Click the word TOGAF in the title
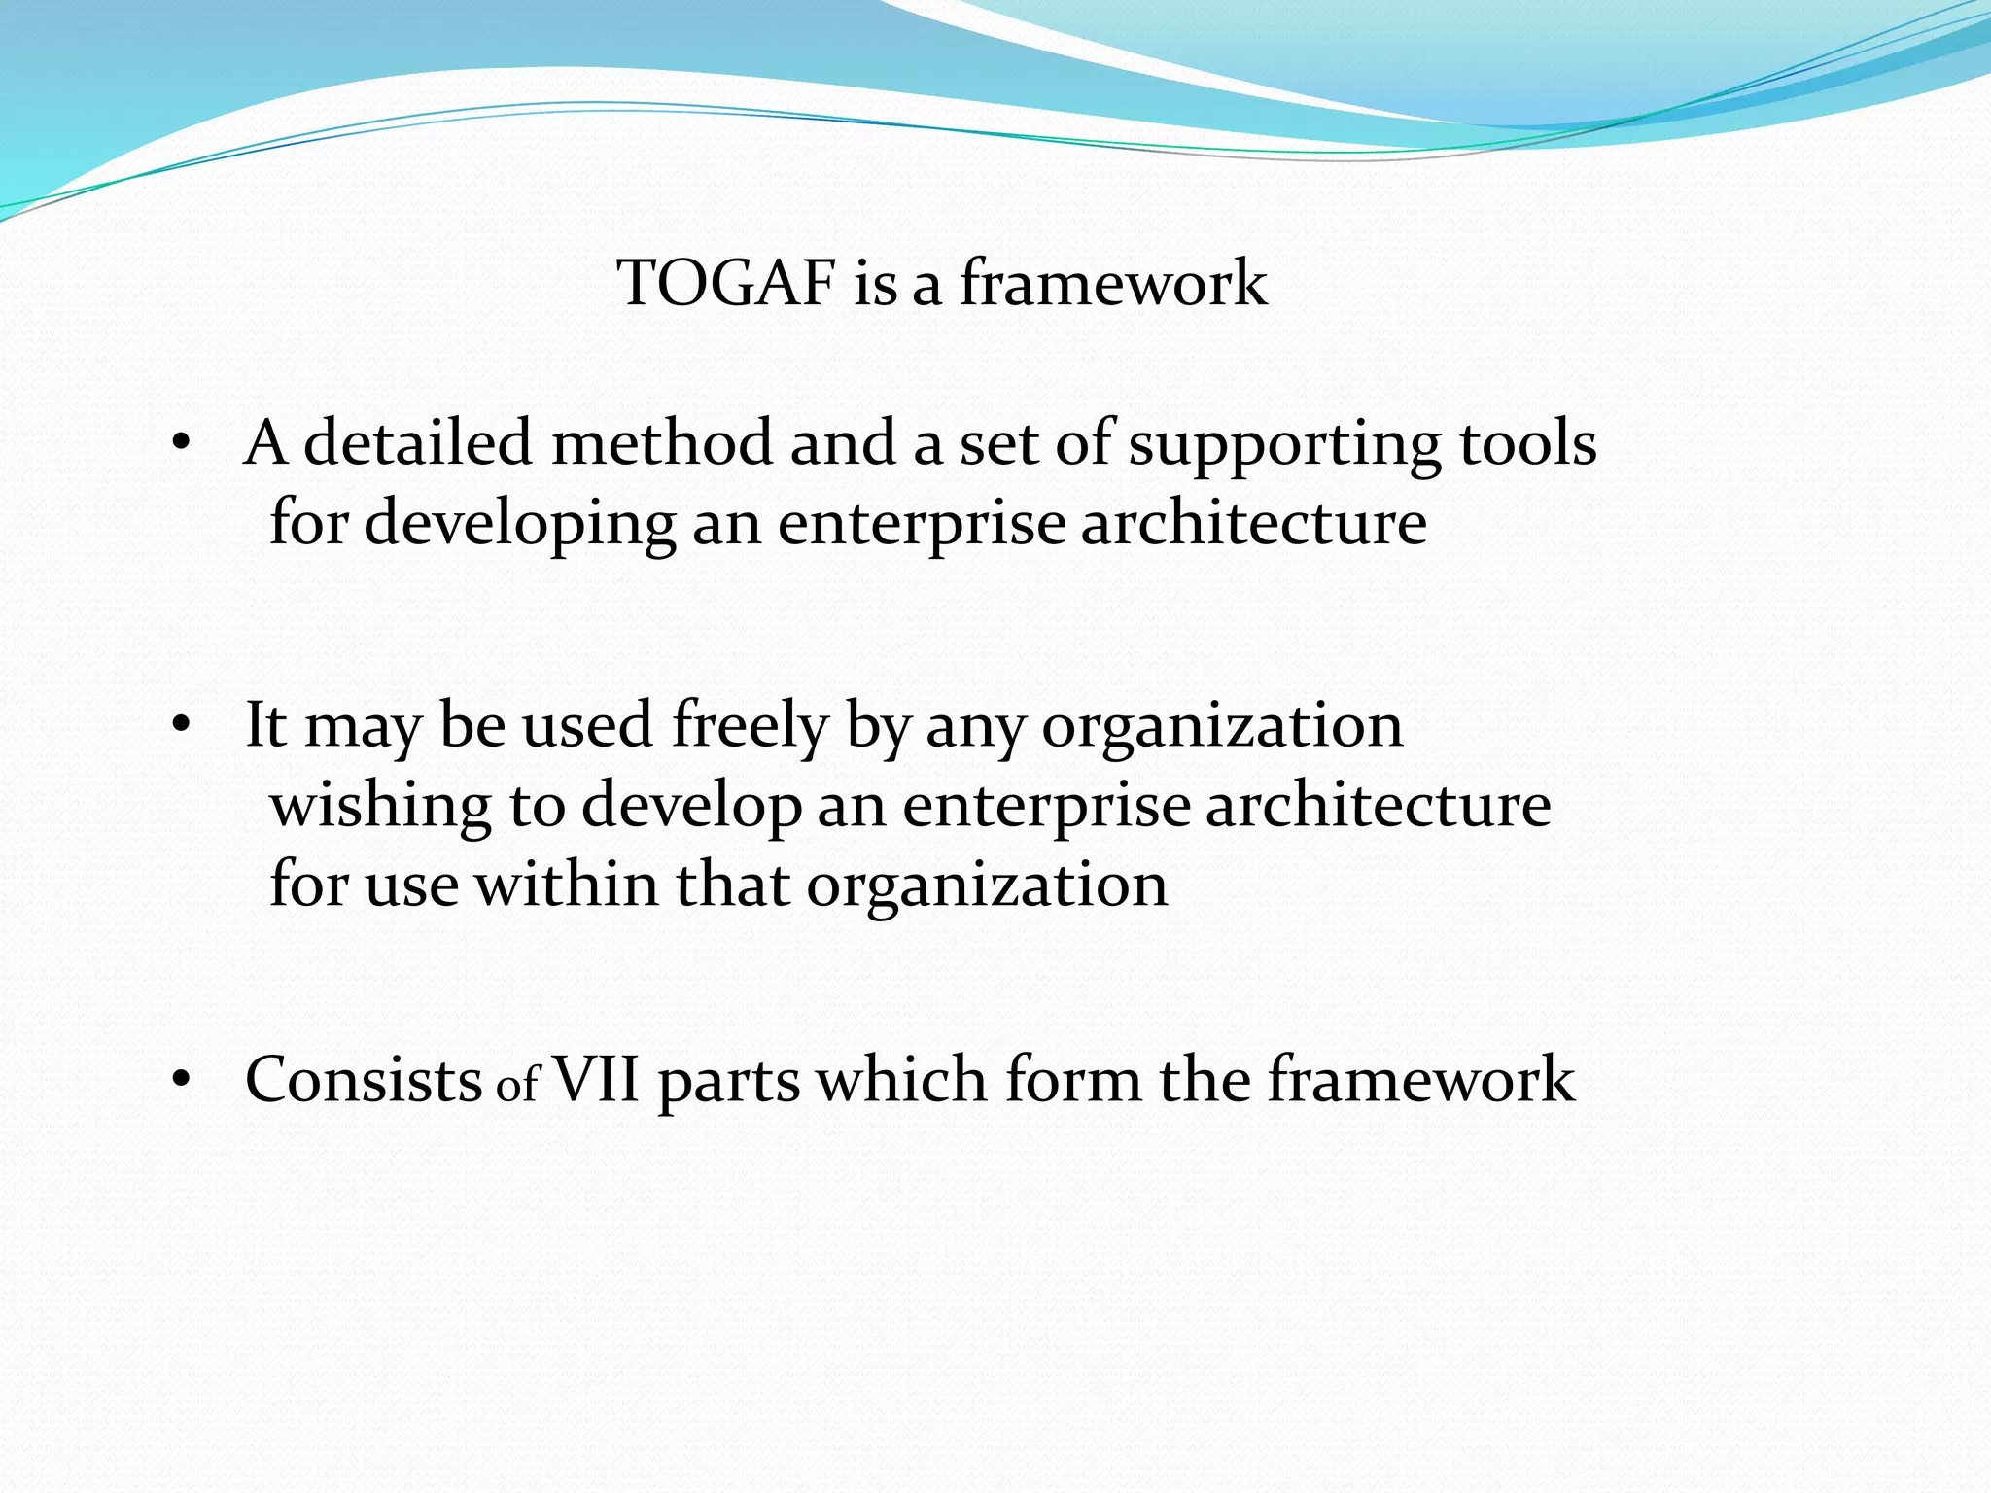[x=726, y=284]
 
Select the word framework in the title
[x=1113, y=284]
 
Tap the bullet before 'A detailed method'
[x=180, y=444]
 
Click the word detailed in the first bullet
[x=418, y=444]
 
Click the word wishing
[x=380, y=807]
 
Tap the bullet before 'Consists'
[x=180, y=1080]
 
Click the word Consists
[x=363, y=1080]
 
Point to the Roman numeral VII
[x=596, y=1080]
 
